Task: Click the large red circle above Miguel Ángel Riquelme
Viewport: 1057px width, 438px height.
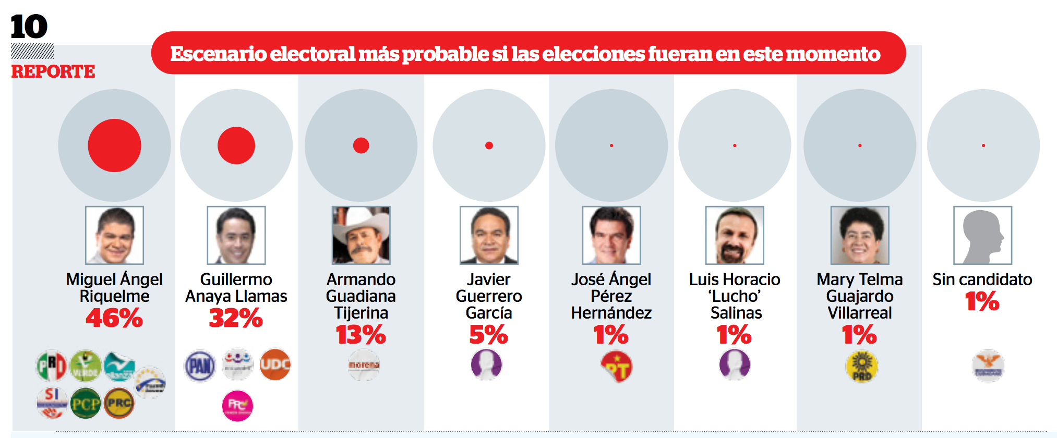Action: point(114,145)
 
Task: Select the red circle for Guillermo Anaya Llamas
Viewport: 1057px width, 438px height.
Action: point(236,145)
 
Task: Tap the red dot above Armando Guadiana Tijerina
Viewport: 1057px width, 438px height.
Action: point(361,145)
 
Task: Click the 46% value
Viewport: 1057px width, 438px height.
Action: point(114,318)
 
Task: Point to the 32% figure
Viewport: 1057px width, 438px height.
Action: point(236,318)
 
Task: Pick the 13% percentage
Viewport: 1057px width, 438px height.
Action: point(361,335)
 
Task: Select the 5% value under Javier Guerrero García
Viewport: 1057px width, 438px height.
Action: point(488,335)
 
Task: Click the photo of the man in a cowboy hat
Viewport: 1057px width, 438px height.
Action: point(361,235)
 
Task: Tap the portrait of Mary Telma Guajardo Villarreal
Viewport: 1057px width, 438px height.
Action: point(860,235)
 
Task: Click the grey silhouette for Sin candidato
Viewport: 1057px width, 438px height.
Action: point(982,235)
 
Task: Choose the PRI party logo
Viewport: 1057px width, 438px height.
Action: point(51,365)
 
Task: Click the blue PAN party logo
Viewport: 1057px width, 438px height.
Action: point(200,366)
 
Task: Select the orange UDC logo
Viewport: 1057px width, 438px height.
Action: point(275,364)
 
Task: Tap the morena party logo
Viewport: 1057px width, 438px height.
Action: point(364,365)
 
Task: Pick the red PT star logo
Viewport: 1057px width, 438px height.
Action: point(616,367)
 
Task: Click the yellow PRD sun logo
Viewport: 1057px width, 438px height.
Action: point(862,366)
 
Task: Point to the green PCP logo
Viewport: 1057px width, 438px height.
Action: point(86,404)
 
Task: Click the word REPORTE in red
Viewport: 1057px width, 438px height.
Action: point(53,71)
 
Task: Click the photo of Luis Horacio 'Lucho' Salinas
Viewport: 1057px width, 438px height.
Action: point(735,235)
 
